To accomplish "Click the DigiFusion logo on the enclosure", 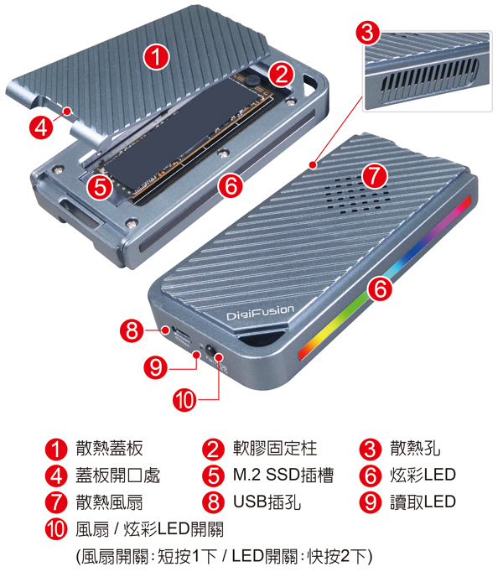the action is click(261, 313).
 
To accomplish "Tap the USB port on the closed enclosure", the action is click(182, 335).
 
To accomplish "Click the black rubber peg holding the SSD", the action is click(252, 81).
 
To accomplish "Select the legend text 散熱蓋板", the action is click(109, 449).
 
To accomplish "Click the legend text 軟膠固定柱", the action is click(275, 449).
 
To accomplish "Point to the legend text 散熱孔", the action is click(415, 449).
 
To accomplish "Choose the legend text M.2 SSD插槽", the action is click(283, 475).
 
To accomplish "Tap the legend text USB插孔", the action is click(267, 502).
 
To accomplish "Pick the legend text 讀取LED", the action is click(423, 502).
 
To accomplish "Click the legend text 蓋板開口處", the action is click(117, 475).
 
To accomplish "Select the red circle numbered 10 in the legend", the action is click(56, 529).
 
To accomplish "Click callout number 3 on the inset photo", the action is click(367, 33).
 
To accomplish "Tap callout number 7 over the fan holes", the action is click(375, 175).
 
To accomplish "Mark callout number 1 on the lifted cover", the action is click(157, 57).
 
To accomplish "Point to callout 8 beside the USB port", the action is click(132, 330).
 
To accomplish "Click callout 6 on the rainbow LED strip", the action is click(380, 288).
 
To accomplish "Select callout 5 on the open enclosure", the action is click(100, 187).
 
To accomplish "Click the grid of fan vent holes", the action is click(356, 195).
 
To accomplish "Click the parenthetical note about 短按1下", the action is click(224, 556).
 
